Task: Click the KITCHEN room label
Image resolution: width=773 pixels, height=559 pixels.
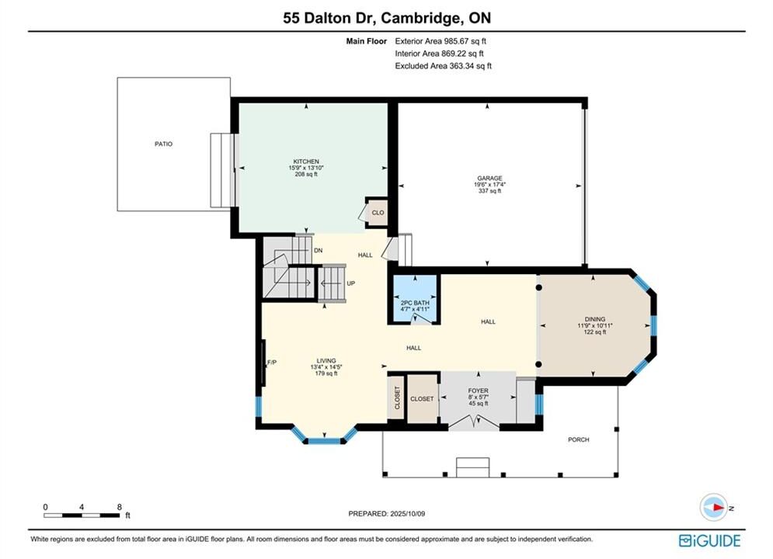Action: [x=306, y=161]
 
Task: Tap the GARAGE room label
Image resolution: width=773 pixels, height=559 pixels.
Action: [x=489, y=179]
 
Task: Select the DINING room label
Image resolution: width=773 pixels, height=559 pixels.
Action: [x=595, y=319]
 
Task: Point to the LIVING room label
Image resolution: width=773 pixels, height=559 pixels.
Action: [x=326, y=360]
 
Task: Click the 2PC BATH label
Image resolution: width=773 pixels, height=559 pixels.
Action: [x=415, y=303]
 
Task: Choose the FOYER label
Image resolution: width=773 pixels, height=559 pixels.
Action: [x=479, y=391]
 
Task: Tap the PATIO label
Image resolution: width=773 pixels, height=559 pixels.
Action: [x=164, y=144]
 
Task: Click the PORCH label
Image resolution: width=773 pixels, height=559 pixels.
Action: [x=578, y=439]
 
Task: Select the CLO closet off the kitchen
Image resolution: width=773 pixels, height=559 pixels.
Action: [x=378, y=213]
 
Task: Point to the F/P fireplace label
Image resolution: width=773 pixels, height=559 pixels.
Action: [x=272, y=363]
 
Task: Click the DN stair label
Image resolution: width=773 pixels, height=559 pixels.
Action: [x=319, y=250]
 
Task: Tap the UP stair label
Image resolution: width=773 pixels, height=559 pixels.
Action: [x=351, y=283]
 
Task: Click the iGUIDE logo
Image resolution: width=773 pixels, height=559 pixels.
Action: [x=709, y=540]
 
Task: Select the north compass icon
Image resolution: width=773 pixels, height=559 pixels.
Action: [x=714, y=507]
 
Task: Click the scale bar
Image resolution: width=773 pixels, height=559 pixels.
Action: [x=82, y=516]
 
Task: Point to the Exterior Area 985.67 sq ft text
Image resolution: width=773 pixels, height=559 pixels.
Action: [x=440, y=41]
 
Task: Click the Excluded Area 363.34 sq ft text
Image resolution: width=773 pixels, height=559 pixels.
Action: [x=443, y=66]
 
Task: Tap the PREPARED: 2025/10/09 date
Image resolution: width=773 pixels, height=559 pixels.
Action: [x=387, y=513]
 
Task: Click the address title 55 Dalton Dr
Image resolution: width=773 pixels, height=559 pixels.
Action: [x=330, y=18]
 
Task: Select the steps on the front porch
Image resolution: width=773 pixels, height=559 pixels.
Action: [x=473, y=467]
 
